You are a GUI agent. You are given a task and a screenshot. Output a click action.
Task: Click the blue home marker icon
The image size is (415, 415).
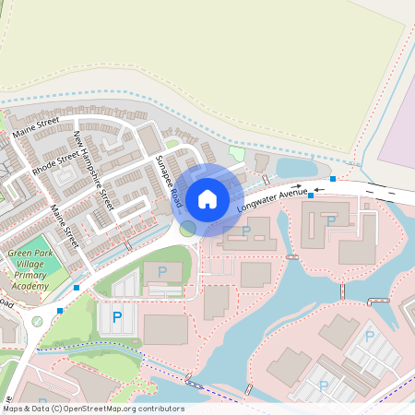point(207,198)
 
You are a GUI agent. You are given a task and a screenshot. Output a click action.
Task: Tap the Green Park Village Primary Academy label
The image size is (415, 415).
point(29,269)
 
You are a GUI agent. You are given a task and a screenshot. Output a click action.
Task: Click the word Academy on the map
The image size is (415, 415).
point(29,287)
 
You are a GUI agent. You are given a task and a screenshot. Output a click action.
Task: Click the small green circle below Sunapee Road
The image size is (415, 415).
point(188,227)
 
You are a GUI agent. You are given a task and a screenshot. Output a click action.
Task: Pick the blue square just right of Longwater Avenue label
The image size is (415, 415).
point(312,195)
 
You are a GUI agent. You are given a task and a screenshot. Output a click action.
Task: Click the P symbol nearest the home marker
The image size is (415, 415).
point(246,231)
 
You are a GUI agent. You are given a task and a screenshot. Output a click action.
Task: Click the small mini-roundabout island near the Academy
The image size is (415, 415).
point(37,322)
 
